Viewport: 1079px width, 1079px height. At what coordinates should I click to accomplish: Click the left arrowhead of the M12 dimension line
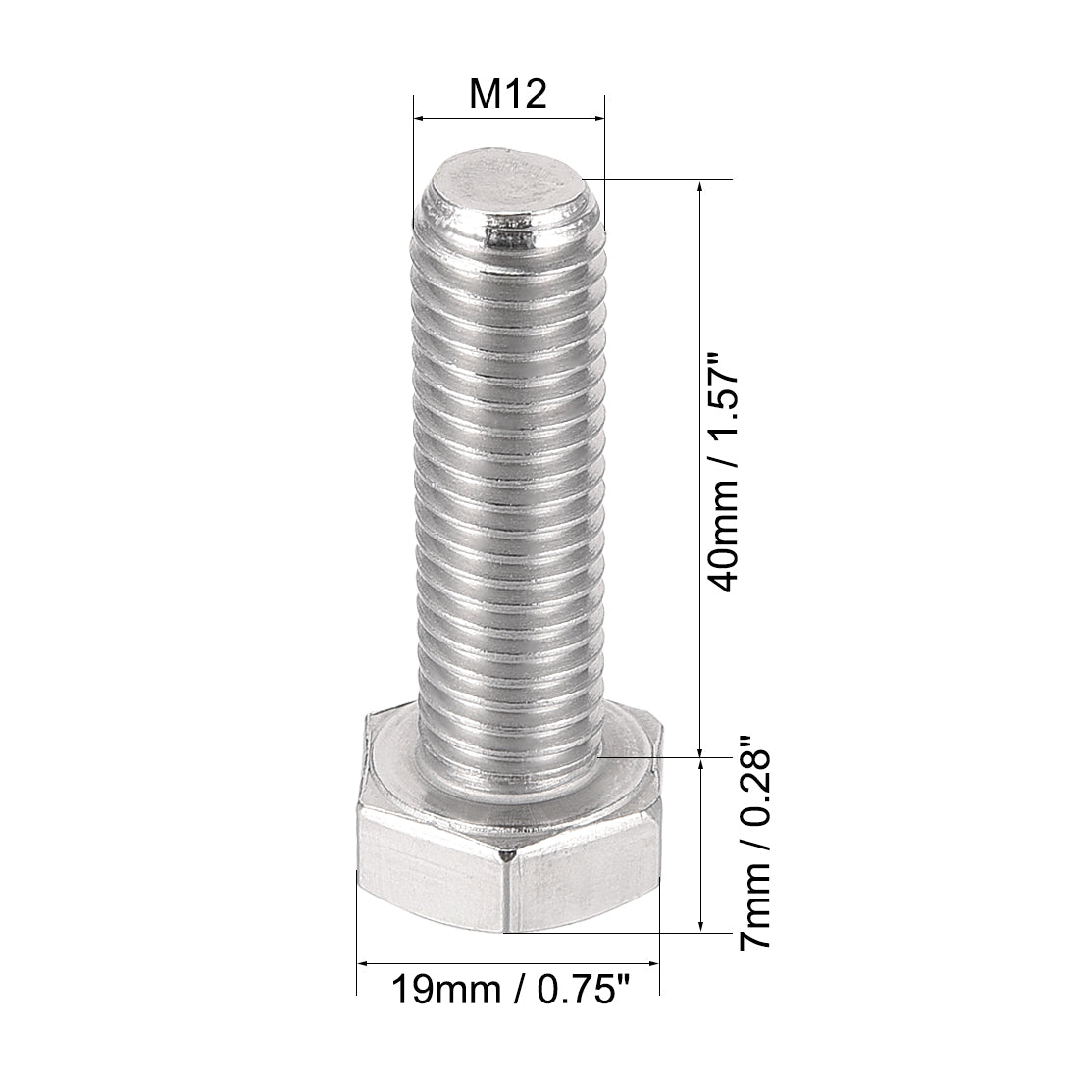point(419,119)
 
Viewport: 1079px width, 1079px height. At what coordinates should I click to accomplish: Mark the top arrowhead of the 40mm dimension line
point(699,187)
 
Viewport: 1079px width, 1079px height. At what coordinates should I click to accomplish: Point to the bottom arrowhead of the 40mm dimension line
point(699,749)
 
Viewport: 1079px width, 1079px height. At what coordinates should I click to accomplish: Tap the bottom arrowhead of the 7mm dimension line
point(699,924)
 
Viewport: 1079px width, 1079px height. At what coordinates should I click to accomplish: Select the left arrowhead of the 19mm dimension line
point(362,964)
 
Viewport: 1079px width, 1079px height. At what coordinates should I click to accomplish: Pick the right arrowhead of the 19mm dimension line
point(653,964)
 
